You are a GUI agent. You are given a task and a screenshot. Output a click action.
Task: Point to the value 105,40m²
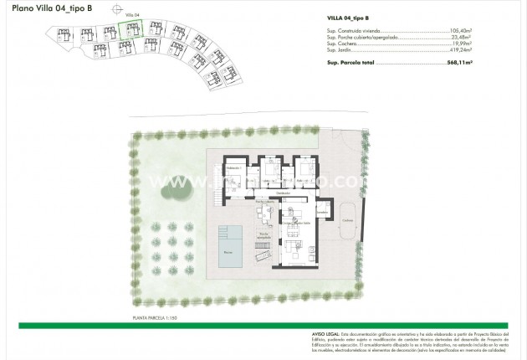[x=498, y=30]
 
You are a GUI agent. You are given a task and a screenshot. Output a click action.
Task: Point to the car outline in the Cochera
[x=346, y=220]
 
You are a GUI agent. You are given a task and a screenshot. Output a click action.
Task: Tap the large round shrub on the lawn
[x=175, y=191]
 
